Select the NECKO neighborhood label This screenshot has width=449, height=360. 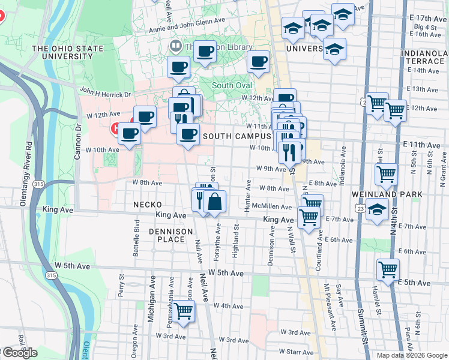point(147,205)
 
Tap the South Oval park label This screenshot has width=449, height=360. point(232,85)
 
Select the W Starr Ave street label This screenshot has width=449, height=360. point(292,352)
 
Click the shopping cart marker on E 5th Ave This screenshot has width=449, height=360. point(388,269)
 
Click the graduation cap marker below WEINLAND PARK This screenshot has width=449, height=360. point(377,210)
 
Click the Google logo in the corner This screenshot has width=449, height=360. point(20,353)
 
